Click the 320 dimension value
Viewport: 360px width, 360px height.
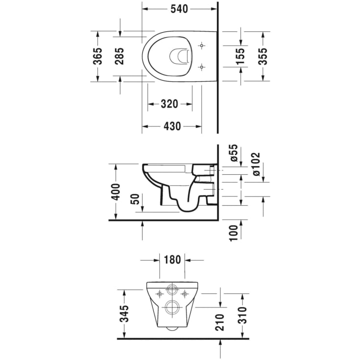169,104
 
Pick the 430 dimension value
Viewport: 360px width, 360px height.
172,126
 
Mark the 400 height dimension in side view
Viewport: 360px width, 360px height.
116,192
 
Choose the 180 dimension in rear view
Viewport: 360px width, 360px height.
172,260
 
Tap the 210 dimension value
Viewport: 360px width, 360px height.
220,322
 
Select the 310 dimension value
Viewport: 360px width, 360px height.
242,316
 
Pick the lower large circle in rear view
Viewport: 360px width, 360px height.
172,307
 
